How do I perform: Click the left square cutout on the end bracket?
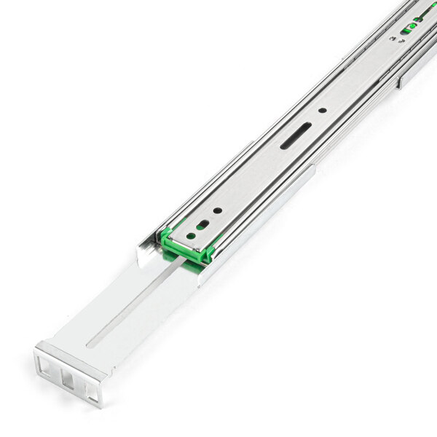pos(47,362)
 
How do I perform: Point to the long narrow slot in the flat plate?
pos(135,305)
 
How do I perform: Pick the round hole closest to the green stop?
pos(192,235)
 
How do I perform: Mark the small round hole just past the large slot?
pos(321,111)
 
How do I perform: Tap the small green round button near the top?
pos(412,27)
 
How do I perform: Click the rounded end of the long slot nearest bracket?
pos(92,341)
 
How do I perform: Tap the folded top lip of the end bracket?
pos(69,354)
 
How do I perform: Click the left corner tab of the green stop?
pos(165,235)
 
